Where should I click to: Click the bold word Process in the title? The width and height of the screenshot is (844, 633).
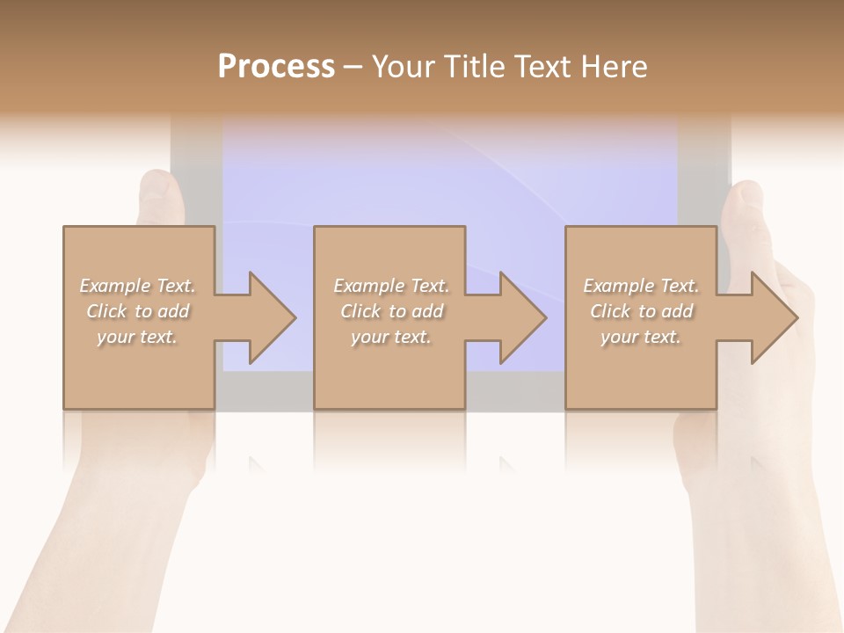[276, 67]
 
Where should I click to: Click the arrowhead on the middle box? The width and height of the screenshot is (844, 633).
[522, 317]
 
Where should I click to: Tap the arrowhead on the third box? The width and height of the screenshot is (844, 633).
[774, 317]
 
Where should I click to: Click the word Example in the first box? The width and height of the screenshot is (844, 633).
[114, 286]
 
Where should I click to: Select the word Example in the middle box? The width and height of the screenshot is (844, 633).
[368, 286]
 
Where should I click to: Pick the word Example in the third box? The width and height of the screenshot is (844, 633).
[618, 286]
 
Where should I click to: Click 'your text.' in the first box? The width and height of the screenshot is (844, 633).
[137, 337]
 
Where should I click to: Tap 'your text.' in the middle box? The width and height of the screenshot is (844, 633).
[391, 337]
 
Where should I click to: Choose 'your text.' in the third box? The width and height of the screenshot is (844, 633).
[641, 337]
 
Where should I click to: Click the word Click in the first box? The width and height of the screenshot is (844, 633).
[106, 311]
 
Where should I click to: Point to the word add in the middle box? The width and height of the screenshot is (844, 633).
[427, 311]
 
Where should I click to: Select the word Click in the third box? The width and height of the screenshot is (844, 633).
[610, 311]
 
